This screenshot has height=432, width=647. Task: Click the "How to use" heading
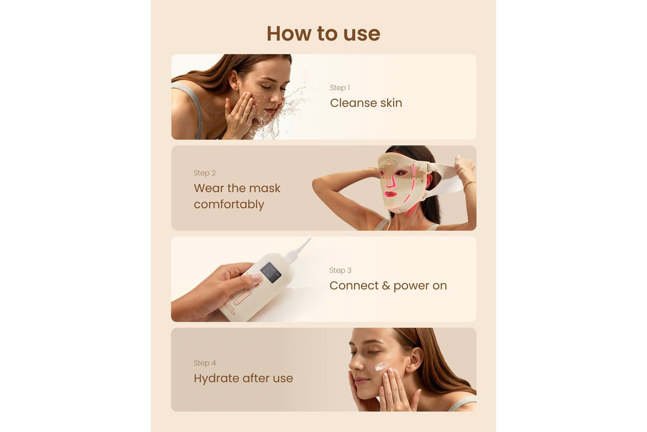click(323, 33)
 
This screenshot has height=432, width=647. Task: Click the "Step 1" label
click(340, 87)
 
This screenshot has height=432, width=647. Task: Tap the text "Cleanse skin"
click(366, 103)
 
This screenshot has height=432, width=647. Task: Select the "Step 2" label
click(204, 173)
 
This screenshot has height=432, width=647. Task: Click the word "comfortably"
click(229, 205)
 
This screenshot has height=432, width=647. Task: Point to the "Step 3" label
click(340, 270)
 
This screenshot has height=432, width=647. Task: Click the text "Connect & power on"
click(388, 286)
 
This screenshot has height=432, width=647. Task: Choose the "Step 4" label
click(204, 363)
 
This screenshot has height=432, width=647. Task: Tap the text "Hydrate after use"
click(243, 379)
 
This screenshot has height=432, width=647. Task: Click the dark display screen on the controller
click(271, 273)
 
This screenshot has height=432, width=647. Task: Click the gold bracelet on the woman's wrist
click(470, 183)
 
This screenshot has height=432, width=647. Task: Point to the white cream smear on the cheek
click(382, 366)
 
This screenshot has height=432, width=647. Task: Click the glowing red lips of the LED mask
click(390, 194)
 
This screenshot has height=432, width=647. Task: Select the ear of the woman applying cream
click(415, 360)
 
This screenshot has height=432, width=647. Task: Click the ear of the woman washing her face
click(234, 80)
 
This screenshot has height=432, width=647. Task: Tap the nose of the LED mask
click(390, 181)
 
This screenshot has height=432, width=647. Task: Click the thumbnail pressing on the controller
click(257, 278)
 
